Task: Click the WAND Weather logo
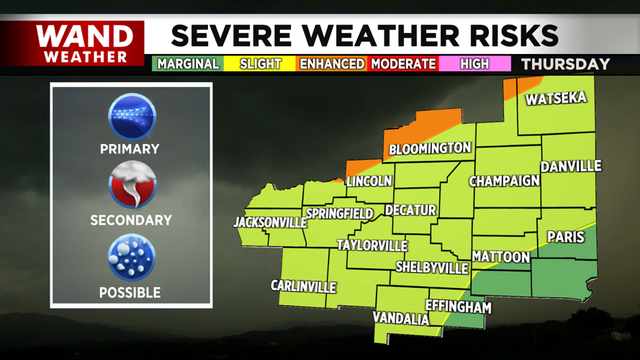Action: [85, 43]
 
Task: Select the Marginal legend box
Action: [187, 64]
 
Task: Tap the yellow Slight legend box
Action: [260, 64]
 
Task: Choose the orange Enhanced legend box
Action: [332, 64]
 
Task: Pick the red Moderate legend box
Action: [403, 64]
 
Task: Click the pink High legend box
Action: [474, 64]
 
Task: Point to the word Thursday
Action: [565, 64]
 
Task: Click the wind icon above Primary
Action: [131, 117]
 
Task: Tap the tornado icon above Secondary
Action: [131, 187]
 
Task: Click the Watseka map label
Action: [556, 99]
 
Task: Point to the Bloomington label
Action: [430, 148]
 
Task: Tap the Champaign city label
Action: [505, 181]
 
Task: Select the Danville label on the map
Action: [571, 166]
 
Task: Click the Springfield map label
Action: [340, 214]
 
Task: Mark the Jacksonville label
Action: [271, 222]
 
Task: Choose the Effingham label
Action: [459, 307]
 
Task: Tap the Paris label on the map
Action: [566, 236]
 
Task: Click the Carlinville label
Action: [303, 286]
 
